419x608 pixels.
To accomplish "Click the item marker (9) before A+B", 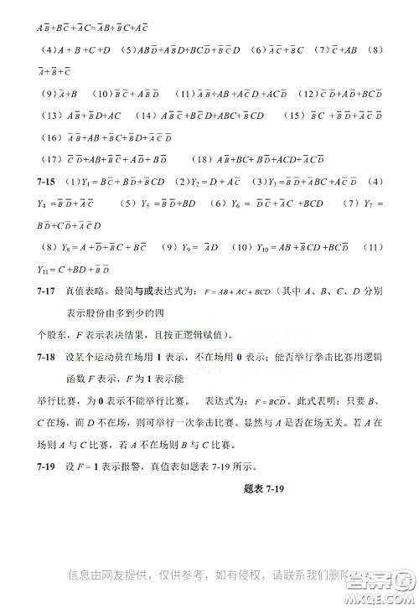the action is pos(48,93).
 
